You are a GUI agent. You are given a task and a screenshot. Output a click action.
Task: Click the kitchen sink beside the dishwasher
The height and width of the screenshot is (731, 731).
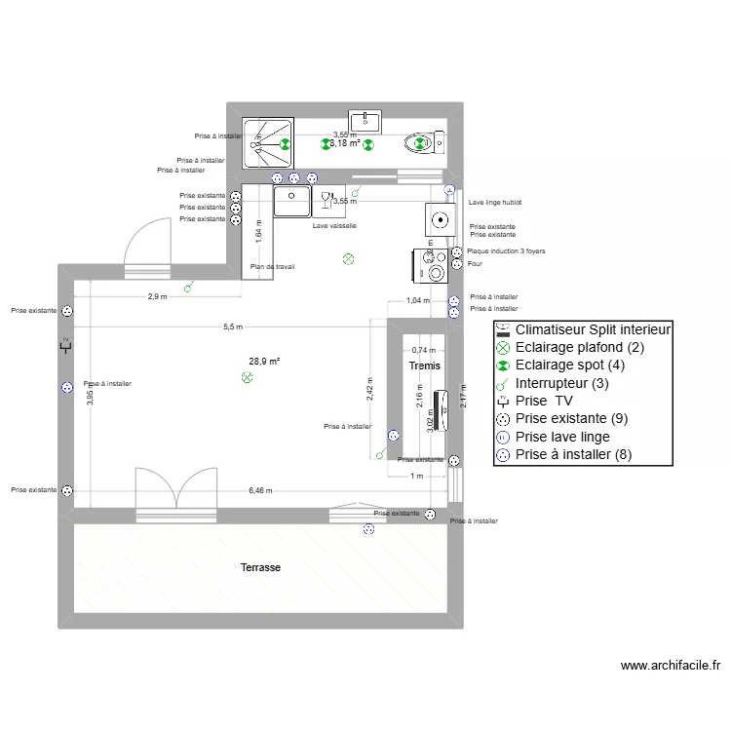(x=290, y=201)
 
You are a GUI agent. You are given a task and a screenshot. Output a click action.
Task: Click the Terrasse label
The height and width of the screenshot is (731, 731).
(x=261, y=566)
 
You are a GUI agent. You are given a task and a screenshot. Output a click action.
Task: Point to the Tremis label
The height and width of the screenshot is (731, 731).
(x=424, y=365)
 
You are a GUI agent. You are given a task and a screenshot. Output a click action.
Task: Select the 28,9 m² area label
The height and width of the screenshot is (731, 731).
(x=264, y=361)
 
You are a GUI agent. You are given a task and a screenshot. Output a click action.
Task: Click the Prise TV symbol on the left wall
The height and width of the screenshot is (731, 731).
(x=66, y=345)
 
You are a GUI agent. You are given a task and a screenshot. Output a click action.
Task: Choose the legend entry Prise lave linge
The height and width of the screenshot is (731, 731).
(x=562, y=437)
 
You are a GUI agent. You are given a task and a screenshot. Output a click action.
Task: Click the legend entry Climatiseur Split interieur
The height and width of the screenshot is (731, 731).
(x=584, y=329)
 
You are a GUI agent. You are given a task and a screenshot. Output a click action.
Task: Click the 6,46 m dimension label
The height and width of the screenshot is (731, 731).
(x=260, y=491)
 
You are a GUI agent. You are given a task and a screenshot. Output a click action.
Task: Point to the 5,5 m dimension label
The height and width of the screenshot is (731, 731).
(x=232, y=327)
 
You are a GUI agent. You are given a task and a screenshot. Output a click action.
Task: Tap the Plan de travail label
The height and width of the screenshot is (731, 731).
(x=272, y=266)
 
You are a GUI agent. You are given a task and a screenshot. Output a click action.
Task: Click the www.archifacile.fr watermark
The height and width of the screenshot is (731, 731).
(x=670, y=667)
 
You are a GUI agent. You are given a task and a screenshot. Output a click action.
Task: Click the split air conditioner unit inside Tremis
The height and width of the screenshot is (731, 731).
(x=441, y=410)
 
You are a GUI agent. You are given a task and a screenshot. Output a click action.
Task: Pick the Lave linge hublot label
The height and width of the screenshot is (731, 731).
(x=494, y=203)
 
